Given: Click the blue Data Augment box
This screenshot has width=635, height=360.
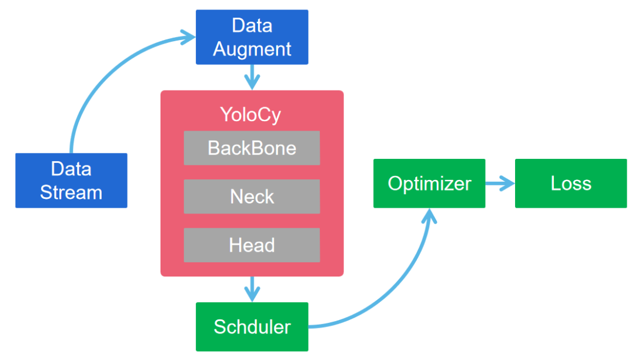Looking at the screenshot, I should click(252, 37).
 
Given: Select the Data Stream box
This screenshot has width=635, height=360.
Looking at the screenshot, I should click(71, 181).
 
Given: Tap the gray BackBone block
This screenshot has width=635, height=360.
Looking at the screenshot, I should click(252, 148).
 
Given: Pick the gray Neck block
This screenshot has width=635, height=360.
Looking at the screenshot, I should click(252, 196).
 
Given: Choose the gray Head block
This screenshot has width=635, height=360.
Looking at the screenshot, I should click(252, 245).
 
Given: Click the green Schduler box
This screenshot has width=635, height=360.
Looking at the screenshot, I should click(252, 326).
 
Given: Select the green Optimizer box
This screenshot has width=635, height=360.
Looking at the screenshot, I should click(429, 184).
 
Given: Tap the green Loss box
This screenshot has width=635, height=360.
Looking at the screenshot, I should click(570, 184).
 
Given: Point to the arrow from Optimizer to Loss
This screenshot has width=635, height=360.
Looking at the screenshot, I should click(500, 184).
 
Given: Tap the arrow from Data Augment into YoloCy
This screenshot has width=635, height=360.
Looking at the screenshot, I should click(252, 77).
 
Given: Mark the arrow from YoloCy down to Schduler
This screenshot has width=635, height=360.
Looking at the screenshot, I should click(252, 289).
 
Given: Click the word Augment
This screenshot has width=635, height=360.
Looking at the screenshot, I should click(252, 49).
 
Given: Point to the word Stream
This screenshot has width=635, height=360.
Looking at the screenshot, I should click(71, 192).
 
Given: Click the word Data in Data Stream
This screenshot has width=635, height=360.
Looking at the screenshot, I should click(71, 169).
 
